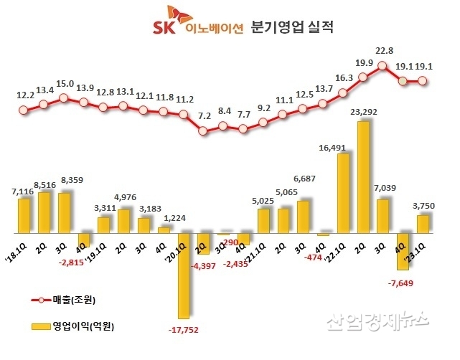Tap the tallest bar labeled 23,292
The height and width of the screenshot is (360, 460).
363,177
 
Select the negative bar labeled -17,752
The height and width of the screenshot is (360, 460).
184,275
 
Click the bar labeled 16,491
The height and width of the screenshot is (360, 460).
343,194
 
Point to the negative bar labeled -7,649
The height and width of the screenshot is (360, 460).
403,251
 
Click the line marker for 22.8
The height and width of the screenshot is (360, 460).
383,66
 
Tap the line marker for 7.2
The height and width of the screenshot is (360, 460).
204,131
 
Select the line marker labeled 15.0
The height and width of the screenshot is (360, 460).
64,97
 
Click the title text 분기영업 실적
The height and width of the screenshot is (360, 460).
294,28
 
